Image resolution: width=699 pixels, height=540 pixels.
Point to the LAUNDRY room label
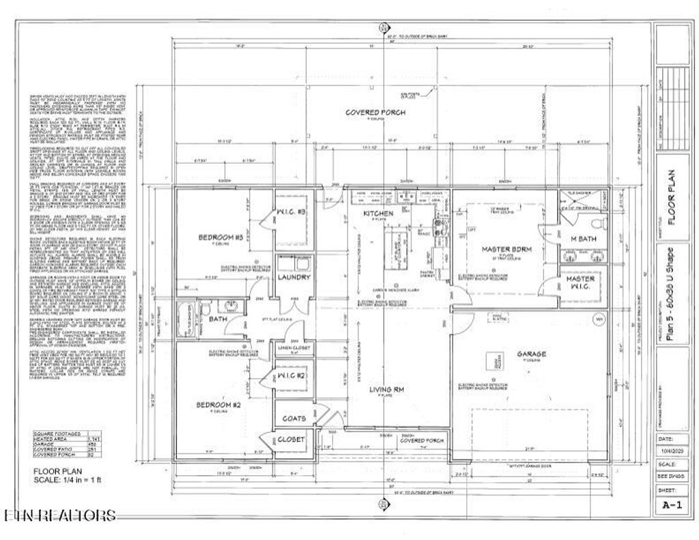coord(294,277)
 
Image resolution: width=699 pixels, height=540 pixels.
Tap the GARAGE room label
coord(531,354)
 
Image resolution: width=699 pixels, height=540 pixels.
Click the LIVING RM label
coord(389,390)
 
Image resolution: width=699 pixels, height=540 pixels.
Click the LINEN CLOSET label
coord(294,347)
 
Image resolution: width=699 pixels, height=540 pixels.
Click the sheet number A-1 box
coord(672,506)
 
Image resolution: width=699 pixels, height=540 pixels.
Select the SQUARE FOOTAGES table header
coord(59,433)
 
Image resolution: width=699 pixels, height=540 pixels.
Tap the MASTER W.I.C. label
coord(581,283)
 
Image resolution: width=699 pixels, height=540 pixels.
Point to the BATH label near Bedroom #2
coord(217,318)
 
